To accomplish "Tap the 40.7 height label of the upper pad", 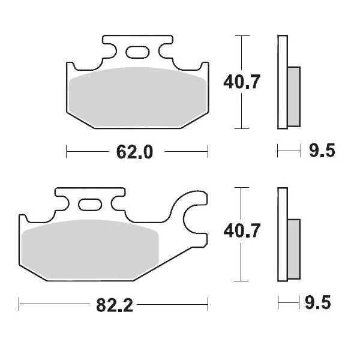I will coord(241,82).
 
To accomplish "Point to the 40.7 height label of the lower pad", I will coord(241,231).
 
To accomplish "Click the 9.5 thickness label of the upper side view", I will coord(322,151).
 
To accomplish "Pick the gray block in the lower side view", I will coord(293,248).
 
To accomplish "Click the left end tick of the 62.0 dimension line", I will coord(66,152).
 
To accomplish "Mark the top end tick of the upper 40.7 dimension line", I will coord(241,36).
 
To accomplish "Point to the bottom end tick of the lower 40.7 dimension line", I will coord(241,281).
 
